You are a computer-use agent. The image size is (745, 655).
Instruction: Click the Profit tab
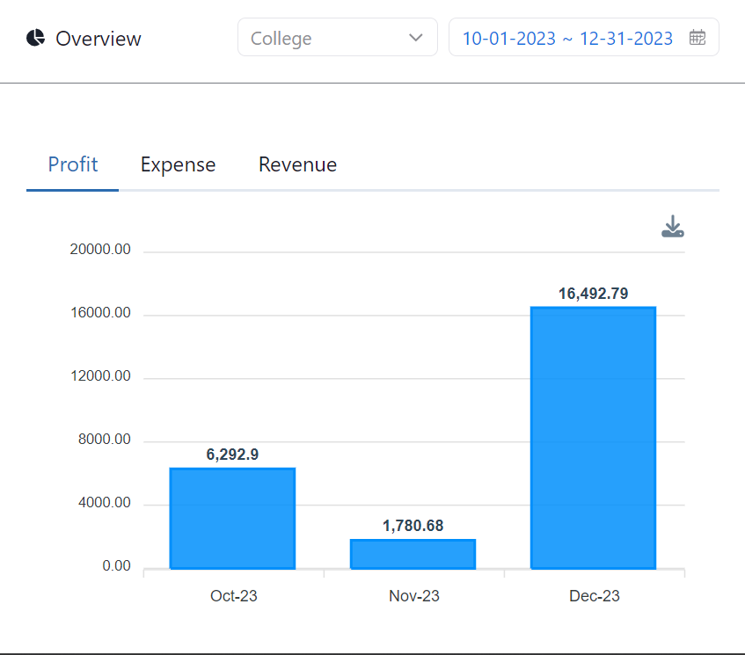[x=73, y=164]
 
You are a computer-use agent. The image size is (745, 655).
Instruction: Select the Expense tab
[x=178, y=164]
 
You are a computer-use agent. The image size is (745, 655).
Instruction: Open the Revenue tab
[x=297, y=164]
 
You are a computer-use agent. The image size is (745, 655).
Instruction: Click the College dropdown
[x=337, y=38]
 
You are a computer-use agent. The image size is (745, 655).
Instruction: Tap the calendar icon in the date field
[x=697, y=38]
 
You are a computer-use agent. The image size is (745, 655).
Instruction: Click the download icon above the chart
[x=672, y=227]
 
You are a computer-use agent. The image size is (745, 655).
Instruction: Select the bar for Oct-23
[x=232, y=518]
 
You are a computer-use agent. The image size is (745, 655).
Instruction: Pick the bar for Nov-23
[x=413, y=553]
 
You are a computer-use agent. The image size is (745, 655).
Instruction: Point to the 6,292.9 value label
[x=232, y=455]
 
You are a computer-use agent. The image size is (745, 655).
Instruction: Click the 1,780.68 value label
[x=413, y=526]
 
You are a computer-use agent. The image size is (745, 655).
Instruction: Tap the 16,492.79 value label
[x=594, y=294]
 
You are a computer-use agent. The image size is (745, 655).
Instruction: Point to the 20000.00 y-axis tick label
[x=100, y=250]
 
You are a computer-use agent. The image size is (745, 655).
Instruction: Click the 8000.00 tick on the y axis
[x=104, y=440]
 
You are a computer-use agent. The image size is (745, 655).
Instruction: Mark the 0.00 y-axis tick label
[x=116, y=566]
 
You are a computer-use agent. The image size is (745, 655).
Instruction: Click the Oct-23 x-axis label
[x=234, y=596]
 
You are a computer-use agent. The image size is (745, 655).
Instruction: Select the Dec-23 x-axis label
[x=595, y=596]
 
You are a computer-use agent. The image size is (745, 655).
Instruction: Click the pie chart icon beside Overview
[x=35, y=38]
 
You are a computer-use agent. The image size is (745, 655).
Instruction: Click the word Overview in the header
[x=99, y=39]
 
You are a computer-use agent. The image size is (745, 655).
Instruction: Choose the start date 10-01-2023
[x=509, y=39]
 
